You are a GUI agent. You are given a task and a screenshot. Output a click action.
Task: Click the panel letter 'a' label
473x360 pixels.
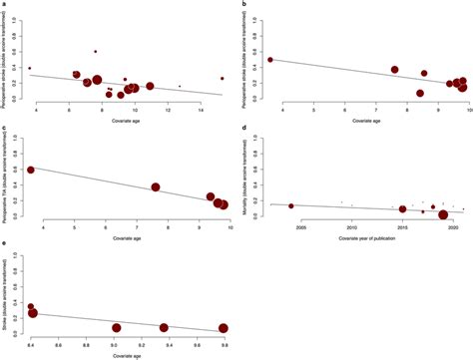(4, 5)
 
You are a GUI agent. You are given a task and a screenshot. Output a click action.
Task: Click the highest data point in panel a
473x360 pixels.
(96, 51)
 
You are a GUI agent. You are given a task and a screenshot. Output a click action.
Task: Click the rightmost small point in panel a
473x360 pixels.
(223, 78)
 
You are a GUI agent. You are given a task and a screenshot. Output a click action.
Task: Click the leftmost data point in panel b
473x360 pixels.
(270, 60)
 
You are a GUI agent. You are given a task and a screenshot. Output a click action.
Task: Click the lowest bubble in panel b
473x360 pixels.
(420, 94)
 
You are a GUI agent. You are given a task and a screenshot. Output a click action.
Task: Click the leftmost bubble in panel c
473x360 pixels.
(31, 170)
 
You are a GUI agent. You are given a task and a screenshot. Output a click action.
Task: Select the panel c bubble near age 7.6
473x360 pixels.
(156, 186)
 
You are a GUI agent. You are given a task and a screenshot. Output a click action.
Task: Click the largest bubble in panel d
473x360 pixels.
(442, 213)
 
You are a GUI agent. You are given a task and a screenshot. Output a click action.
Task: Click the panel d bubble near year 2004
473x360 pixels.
(290, 206)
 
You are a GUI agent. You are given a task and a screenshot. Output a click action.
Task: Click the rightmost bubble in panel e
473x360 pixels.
(224, 328)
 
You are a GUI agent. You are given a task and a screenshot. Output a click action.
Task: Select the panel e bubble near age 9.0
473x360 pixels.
(117, 327)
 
